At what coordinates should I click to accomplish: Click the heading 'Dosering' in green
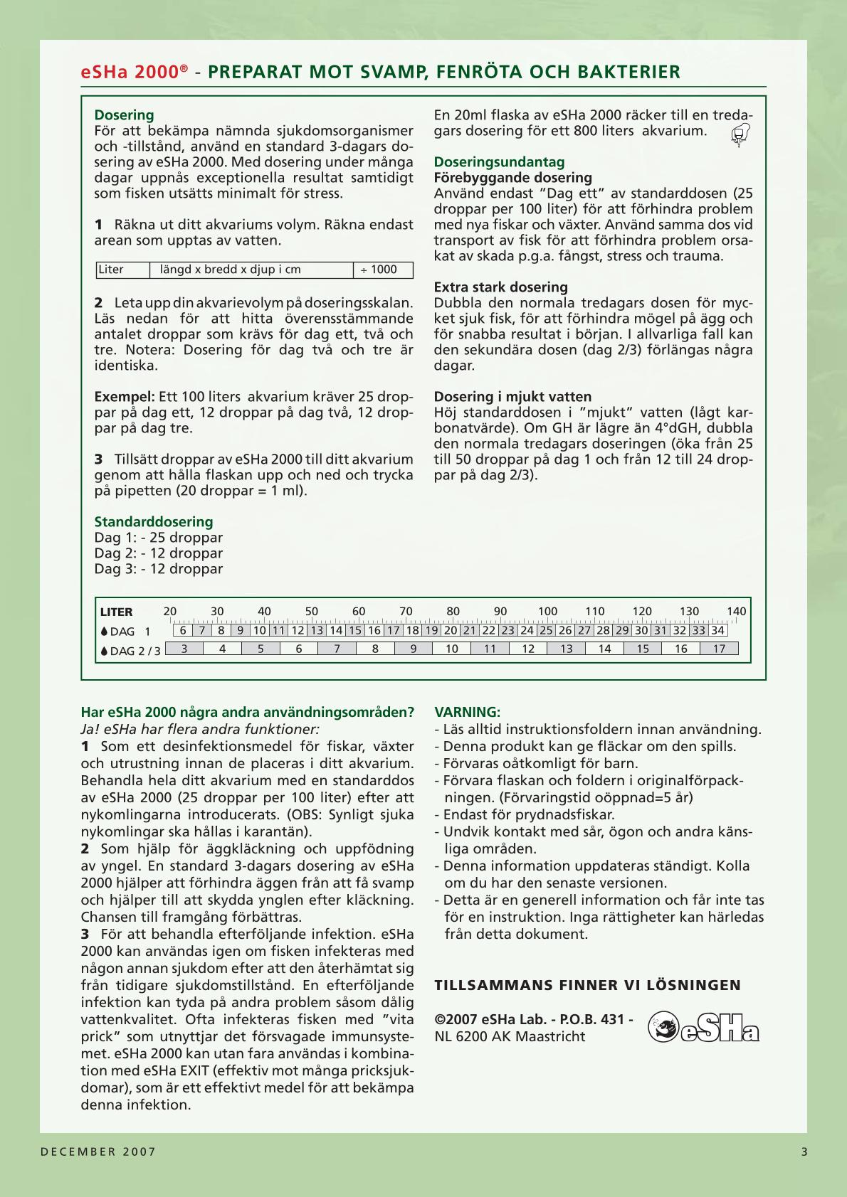coord(124,115)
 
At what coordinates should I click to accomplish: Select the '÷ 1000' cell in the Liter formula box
coord(382,270)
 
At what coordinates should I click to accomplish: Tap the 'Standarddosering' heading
coord(154,522)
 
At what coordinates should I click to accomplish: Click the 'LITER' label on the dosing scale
coord(116,612)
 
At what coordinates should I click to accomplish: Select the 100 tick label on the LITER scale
coord(547,611)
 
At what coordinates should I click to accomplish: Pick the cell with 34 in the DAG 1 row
coord(717,630)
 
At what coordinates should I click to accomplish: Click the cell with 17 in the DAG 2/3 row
coord(719,649)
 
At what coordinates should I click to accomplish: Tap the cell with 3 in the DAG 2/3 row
coord(184,649)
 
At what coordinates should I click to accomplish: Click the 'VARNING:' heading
coord(467,712)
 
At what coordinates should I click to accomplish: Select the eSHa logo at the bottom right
coord(703,1028)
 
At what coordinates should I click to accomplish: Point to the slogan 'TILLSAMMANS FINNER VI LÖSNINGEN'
coord(587,985)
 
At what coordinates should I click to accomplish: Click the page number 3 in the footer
coord(804,1152)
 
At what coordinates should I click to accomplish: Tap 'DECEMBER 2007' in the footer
coord(98,1152)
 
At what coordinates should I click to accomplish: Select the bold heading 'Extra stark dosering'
coord(500,287)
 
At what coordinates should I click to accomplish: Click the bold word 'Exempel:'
coord(125,397)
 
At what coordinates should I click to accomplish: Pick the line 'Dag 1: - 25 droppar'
coord(159,538)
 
